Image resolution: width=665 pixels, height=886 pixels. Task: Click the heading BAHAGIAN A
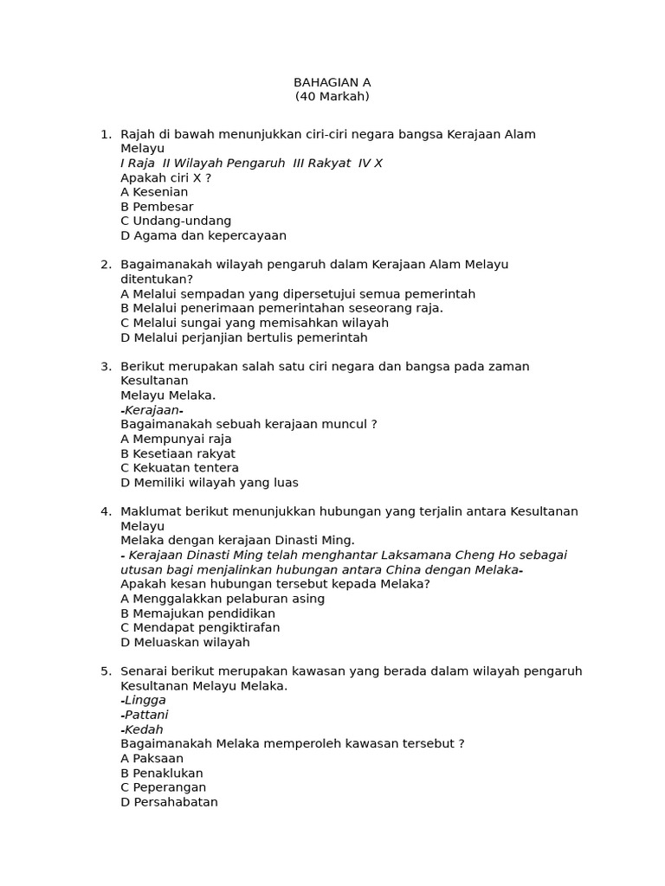click(332, 82)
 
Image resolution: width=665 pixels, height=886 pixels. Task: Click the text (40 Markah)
click(332, 96)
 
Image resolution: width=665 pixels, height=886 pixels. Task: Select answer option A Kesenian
click(154, 192)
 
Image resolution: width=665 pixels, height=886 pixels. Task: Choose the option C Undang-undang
click(176, 221)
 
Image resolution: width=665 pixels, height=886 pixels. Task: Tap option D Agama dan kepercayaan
click(203, 235)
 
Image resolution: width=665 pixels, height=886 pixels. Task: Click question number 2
click(106, 265)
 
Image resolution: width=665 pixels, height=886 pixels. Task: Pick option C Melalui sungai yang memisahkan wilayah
click(254, 323)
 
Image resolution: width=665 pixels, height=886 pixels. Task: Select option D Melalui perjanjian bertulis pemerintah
click(243, 337)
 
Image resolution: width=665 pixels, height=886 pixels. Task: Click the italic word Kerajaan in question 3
click(152, 410)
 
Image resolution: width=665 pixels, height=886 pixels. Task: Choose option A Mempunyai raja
click(176, 439)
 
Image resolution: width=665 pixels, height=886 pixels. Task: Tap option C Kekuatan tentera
click(179, 468)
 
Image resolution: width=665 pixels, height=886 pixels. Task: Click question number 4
click(106, 511)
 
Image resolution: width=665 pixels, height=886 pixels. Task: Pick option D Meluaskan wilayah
click(184, 642)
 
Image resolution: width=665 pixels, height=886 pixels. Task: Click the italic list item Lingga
click(145, 700)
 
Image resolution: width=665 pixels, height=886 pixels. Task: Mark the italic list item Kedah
click(144, 729)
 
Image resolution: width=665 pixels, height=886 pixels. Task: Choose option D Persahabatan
click(169, 802)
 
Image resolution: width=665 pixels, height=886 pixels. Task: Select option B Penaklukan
click(161, 773)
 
